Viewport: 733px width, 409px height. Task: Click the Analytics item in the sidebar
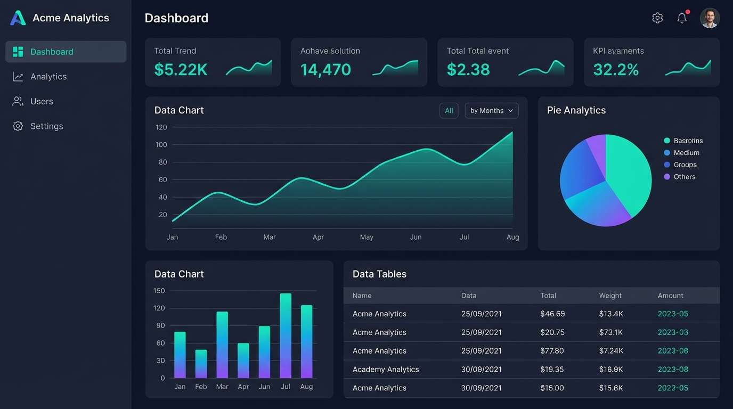coord(48,77)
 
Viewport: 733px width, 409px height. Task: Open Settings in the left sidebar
coord(46,126)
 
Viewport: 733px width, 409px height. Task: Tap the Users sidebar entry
coord(42,101)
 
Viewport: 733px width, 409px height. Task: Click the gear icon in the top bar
coord(657,18)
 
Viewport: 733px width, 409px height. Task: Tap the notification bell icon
coord(682,18)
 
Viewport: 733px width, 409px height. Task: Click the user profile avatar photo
coord(710,18)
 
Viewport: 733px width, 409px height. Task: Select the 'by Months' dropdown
coord(491,111)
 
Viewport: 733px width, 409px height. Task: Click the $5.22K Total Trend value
coord(181,70)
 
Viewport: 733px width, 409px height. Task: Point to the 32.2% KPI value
coord(616,70)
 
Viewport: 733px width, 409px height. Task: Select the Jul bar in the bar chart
coord(286,336)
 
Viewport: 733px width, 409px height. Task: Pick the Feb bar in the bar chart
coord(201,364)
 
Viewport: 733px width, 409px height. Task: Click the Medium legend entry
coord(686,153)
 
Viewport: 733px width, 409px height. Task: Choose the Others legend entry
coord(684,177)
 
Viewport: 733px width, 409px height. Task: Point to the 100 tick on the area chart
coord(161,145)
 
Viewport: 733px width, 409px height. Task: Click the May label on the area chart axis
coord(366,237)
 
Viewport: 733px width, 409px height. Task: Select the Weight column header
coord(610,296)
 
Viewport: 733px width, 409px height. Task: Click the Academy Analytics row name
coord(386,370)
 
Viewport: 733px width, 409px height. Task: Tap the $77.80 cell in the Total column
coord(552,351)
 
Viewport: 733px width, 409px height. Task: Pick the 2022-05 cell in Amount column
coord(673,388)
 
